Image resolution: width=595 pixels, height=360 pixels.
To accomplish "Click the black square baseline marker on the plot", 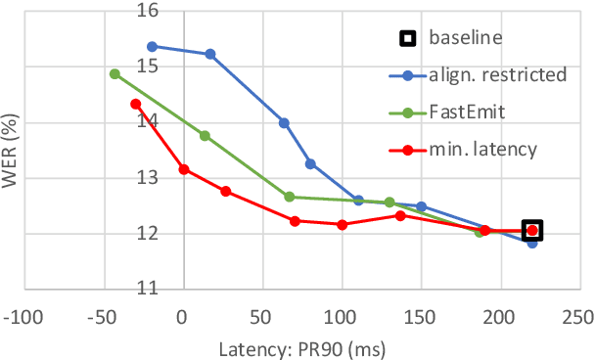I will [532, 231].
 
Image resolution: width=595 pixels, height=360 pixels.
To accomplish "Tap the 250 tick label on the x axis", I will [579, 318].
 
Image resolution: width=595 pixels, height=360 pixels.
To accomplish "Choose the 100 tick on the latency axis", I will [342, 318].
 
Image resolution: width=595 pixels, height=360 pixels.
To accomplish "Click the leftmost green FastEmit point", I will [114, 74].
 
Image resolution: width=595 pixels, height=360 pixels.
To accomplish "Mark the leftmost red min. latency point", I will [135, 104].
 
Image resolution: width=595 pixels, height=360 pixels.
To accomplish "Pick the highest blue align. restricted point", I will [152, 46].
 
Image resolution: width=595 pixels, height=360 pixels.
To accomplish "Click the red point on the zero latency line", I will [183, 169].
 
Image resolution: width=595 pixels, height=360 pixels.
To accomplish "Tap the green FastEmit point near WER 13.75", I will [205, 136].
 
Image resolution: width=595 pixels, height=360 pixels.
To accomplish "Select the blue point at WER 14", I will [284, 123].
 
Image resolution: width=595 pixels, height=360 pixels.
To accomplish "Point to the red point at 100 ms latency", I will [342, 225].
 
